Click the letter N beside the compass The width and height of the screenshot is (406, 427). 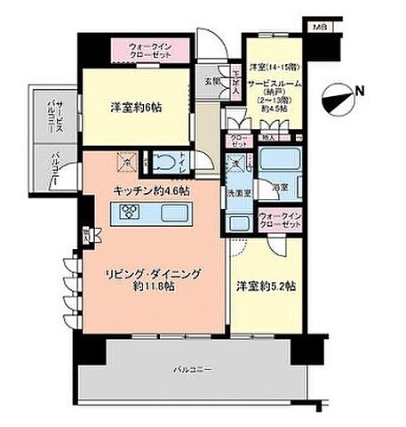click(358, 90)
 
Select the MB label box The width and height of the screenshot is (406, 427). click(318, 28)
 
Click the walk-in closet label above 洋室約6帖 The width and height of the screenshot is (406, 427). click(148, 48)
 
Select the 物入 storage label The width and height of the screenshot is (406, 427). click(268, 139)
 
